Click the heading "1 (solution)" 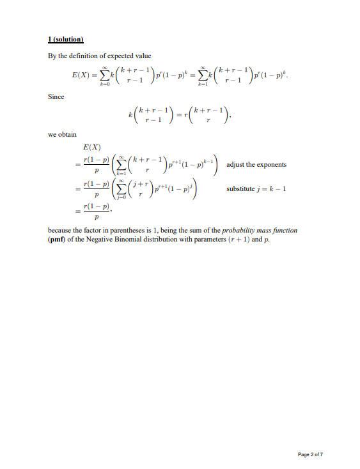click(67, 40)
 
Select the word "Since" click(56, 97)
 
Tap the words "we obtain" click(63, 135)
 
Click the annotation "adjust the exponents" click(256, 164)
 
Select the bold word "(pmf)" click(59, 239)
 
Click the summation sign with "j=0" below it click(120, 190)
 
